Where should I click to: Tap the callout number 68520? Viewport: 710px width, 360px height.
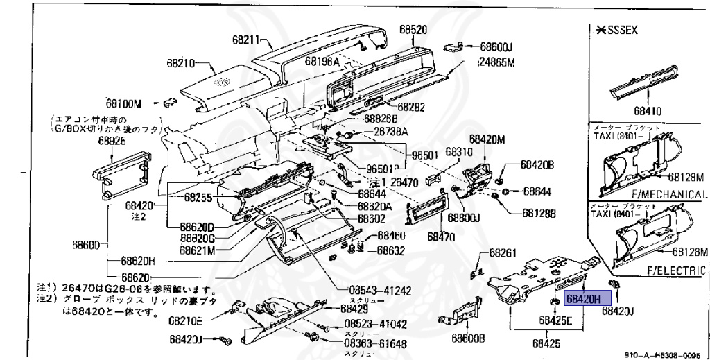(413, 30)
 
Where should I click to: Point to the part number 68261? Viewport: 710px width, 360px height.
(503, 253)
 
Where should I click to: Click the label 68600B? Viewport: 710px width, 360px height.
(468, 338)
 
